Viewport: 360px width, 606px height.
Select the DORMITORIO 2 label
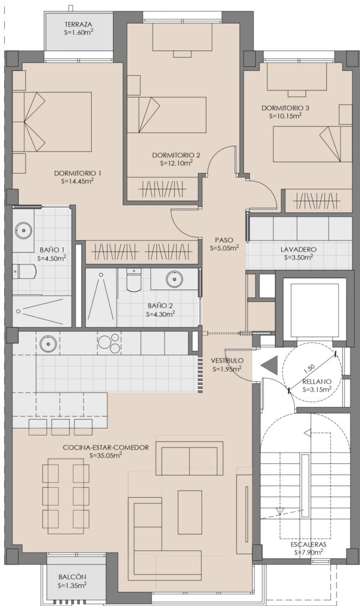[176, 156]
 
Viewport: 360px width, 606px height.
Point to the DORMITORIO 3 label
[285, 108]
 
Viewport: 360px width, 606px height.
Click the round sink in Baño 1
[24, 230]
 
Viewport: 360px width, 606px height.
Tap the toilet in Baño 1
[24, 271]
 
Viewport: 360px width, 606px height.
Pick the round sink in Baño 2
[175, 278]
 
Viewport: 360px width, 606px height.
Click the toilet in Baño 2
[134, 280]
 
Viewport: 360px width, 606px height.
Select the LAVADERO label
[298, 250]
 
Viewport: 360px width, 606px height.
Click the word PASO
[224, 240]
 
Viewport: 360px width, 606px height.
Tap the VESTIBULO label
[227, 360]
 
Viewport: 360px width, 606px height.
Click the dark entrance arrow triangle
[269, 365]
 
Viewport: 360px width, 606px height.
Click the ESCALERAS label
[308, 544]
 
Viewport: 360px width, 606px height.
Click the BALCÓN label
[73, 576]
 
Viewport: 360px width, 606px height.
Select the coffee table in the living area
[190, 512]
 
